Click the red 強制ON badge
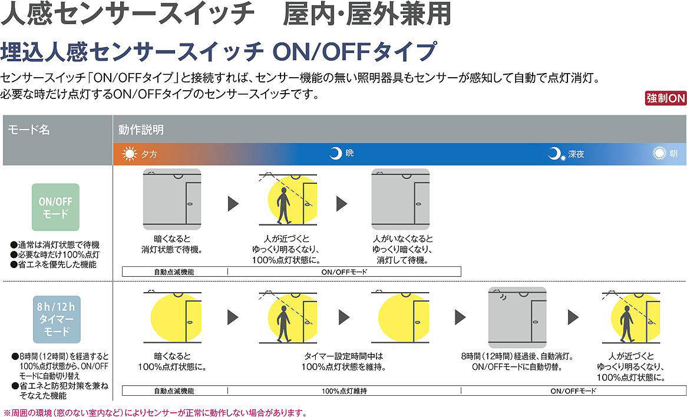coord(666,98)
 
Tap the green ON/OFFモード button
coord(55,207)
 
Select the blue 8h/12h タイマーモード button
coord(57,319)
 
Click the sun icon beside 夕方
coord(129,154)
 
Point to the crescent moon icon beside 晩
coord(336,153)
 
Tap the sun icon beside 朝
coord(659,153)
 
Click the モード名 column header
coord(28,130)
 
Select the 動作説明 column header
coord(141,130)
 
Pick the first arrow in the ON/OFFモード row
coord(233,204)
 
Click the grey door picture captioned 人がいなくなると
coord(401,199)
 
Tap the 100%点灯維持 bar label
coord(344,390)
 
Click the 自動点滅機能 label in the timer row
coord(174,390)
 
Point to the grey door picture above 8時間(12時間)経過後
coord(517,317)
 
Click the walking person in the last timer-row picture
coord(627,324)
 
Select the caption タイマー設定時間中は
coord(343,356)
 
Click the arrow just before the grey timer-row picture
coord(460,317)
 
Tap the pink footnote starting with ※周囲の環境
coord(154,412)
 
